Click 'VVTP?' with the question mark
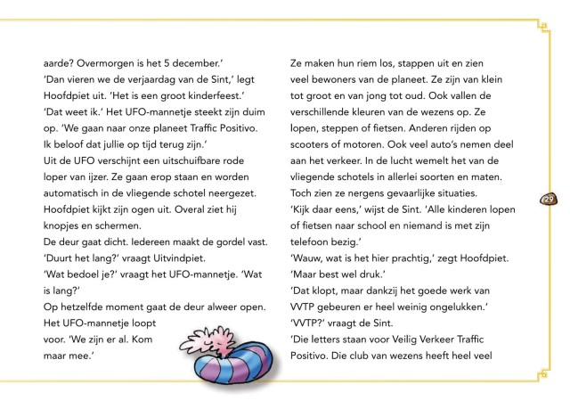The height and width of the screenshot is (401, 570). (311, 323)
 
